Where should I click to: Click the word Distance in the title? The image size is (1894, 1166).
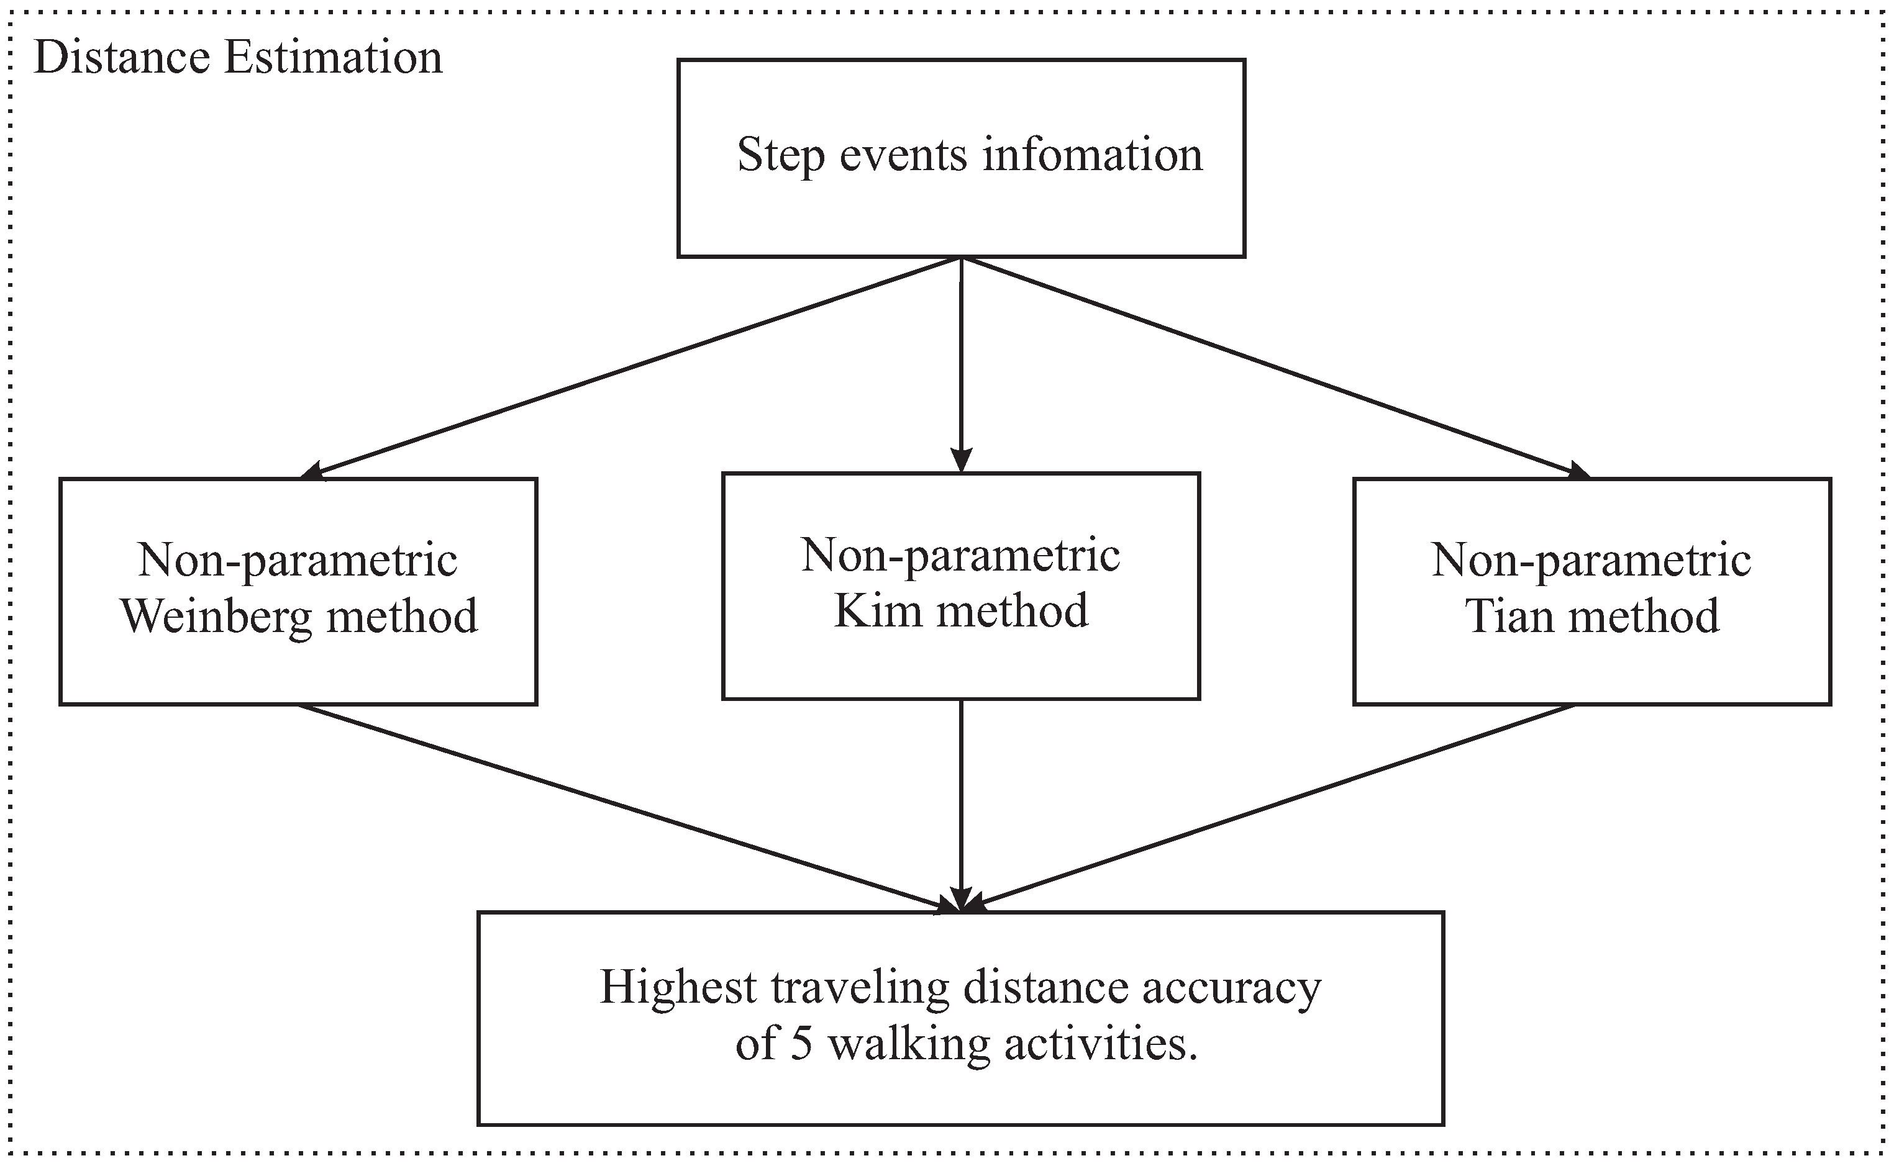tap(122, 58)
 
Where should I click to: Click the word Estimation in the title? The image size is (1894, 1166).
tap(334, 58)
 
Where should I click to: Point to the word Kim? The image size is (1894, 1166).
tap(878, 611)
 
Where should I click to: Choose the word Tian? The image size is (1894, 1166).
tap(1510, 617)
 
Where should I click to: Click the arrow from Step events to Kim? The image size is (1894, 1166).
tap(960, 363)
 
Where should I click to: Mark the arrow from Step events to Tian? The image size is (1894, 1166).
tap(1273, 364)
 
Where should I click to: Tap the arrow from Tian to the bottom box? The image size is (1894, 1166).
tap(1273, 807)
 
